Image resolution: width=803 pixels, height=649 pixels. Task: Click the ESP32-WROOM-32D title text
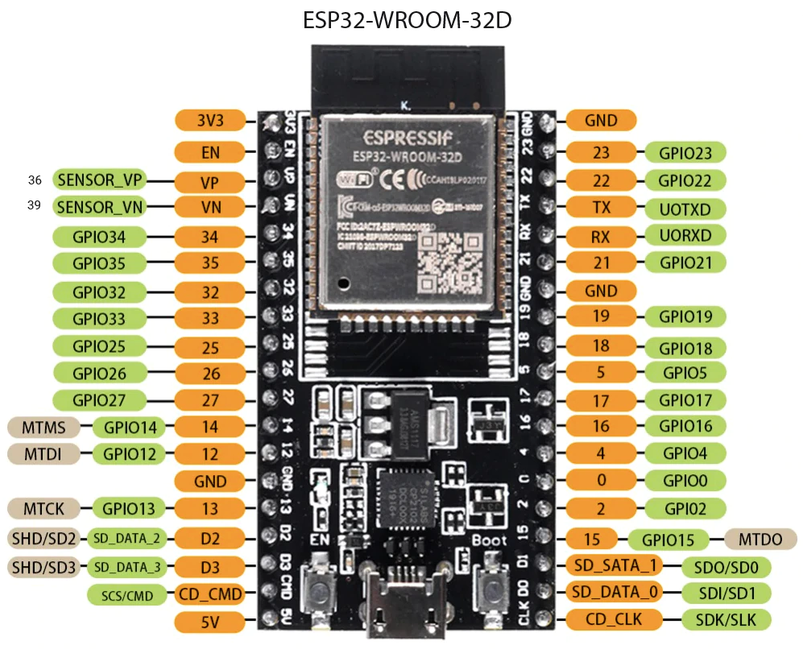pos(407,20)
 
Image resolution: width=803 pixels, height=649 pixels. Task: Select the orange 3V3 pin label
pos(209,121)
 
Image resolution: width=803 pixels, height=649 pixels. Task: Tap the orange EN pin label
pos(209,151)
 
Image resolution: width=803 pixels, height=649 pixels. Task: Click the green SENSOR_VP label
pos(99,179)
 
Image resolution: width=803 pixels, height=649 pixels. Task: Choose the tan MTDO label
pos(760,539)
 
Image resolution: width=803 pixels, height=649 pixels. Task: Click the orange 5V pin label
pos(209,620)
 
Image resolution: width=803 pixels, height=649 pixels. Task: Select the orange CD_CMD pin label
pos(209,594)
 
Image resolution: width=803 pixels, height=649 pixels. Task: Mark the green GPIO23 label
pos(685,152)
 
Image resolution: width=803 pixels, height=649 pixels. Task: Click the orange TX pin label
pos(601,207)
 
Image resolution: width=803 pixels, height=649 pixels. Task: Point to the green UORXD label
pos(685,235)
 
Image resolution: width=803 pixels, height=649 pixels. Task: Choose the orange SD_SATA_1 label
pos(615,565)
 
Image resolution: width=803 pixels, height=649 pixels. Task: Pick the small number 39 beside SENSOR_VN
pos(34,205)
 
